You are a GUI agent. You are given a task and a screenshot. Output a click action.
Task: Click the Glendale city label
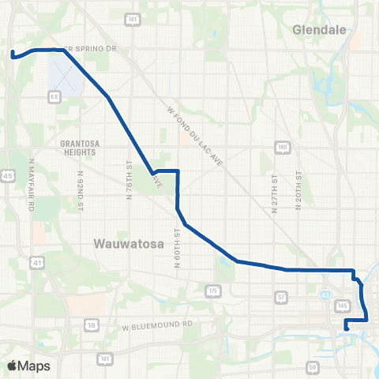point(320,30)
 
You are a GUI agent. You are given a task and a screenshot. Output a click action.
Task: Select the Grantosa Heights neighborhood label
point(82,148)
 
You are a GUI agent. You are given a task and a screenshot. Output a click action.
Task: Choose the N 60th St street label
point(177,247)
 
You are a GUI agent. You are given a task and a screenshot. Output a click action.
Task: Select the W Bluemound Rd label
point(158,325)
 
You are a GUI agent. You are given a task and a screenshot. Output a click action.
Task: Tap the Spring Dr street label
point(92,49)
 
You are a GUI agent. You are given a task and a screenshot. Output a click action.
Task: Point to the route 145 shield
point(343,305)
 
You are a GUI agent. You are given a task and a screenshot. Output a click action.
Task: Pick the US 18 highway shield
point(92,325)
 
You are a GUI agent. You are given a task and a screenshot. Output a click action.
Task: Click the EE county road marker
point(55,96)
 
